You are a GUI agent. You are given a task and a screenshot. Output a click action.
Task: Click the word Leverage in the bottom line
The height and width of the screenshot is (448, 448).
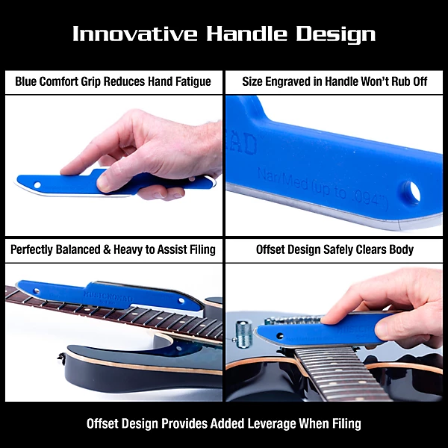coord(270,423)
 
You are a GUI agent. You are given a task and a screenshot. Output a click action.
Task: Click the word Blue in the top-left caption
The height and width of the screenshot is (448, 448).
coord(28,81)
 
